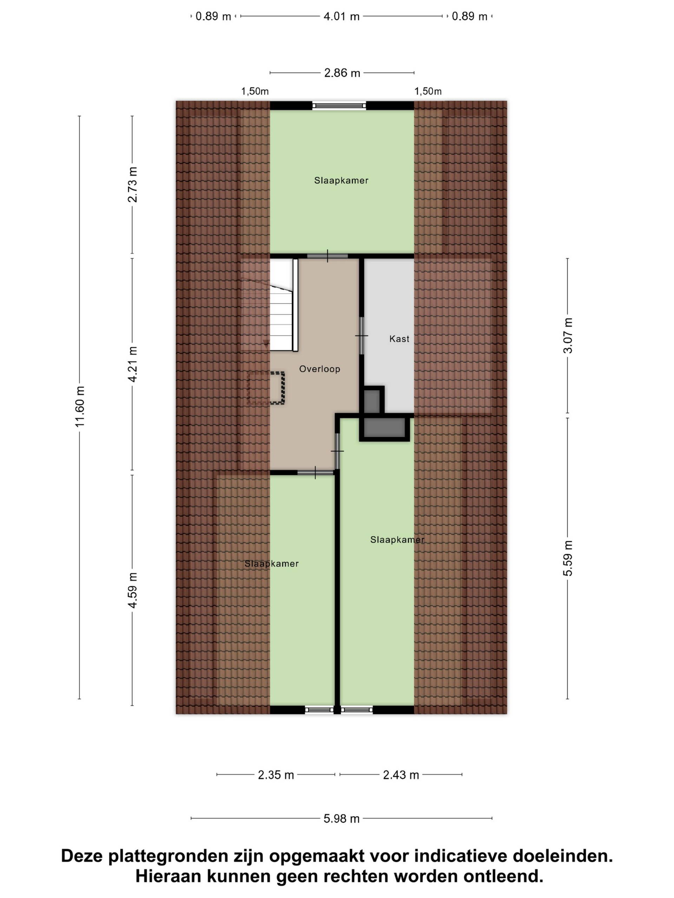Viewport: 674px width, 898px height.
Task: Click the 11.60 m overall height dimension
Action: click(80, 406)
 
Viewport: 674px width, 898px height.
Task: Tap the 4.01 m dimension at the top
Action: click(341, 16)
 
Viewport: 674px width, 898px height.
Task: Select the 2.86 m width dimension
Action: click(342, 73)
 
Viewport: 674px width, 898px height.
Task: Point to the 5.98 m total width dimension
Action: click(341, 818)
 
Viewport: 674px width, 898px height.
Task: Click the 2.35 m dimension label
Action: click(276, 775)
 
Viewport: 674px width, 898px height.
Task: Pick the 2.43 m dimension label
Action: click(401, 775)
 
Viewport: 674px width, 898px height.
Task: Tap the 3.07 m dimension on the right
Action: click(568, 336)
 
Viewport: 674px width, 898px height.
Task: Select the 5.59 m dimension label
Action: click(568, 558)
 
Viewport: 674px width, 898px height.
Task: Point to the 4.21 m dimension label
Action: click(132, 364)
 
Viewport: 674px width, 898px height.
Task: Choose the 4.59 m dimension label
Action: click(132, 590)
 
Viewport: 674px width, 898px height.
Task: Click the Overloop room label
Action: click(320, 369)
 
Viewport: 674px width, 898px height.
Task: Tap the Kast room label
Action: click(399, 339)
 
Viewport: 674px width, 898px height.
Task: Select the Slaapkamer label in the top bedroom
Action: click(341, 181)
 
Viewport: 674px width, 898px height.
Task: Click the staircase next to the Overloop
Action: click(284, 305)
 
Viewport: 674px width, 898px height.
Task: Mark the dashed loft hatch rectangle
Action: click(266, 388)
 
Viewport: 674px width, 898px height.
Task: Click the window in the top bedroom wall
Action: click(339, 106)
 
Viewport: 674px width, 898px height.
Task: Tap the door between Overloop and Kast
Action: click(361, 336)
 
